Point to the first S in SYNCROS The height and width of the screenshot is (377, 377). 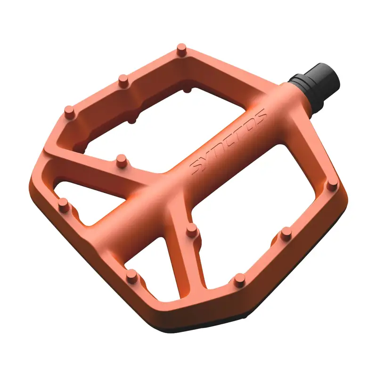point(195,168)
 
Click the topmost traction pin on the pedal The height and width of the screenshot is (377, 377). point(181,49)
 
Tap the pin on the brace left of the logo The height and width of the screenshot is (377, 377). point(122,160)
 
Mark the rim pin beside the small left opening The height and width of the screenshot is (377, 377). point(63,205)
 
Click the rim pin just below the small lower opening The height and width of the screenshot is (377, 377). point(132,275)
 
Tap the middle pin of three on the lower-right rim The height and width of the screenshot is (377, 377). point(286,234)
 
